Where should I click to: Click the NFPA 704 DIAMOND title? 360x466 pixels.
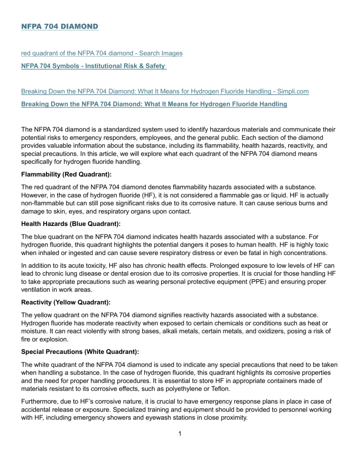pyautogui.click(x=60, y=27)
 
